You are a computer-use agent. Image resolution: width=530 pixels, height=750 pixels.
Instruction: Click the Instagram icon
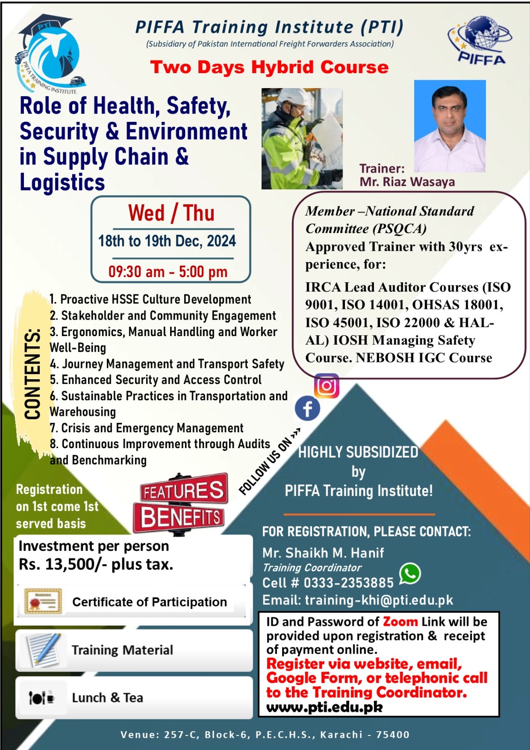point(327,386)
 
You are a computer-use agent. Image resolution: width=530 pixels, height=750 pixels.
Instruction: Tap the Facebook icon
point(307,408)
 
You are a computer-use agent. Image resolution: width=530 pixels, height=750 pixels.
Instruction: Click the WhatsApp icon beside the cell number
point(410,574)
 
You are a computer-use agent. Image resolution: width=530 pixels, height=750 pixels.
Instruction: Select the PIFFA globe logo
point(479,39)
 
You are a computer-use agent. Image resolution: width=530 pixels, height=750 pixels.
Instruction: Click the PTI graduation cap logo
point(50,53)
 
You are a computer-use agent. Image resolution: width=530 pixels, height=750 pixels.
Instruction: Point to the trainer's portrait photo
point(450,126)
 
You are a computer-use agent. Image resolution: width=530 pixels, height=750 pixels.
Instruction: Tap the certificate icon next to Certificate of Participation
point(43,602)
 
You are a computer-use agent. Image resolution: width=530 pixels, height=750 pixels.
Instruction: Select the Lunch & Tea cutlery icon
point(42,697)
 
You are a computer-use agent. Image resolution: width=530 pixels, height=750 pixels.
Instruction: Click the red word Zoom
point(400,622)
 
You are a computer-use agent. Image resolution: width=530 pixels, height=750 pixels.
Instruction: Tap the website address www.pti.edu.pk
point(324,707)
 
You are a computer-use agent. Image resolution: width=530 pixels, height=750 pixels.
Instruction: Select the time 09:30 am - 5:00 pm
point(168,272)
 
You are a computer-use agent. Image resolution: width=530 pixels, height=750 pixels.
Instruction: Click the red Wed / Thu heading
point(171,213)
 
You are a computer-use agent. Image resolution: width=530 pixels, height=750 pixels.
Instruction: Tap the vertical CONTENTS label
point(32,374)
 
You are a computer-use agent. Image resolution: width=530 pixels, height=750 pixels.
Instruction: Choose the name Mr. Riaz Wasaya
point(407,182)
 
